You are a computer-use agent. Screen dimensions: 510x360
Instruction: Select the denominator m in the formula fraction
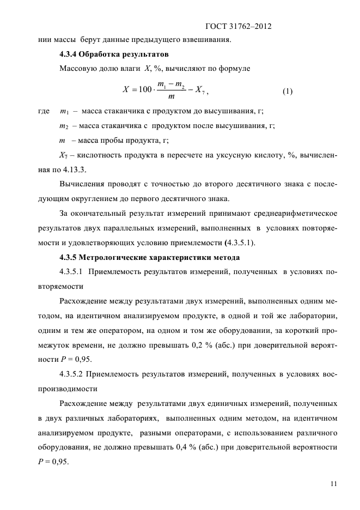tap(172, 97)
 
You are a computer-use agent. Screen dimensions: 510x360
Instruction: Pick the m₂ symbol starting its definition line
tap(64, 126)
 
